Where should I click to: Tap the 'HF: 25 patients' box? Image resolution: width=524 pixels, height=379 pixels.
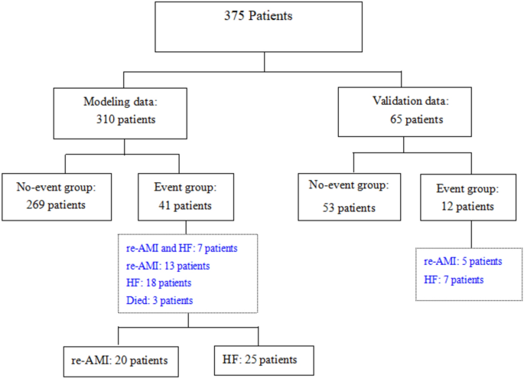click(x=257, y=359)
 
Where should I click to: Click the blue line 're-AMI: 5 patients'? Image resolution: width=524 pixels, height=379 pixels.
click(x=463, y=262)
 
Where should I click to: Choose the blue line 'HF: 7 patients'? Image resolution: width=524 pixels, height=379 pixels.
click(x=454, y=279)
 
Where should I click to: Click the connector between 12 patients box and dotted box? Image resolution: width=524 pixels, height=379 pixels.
click(x=470, y=230)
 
